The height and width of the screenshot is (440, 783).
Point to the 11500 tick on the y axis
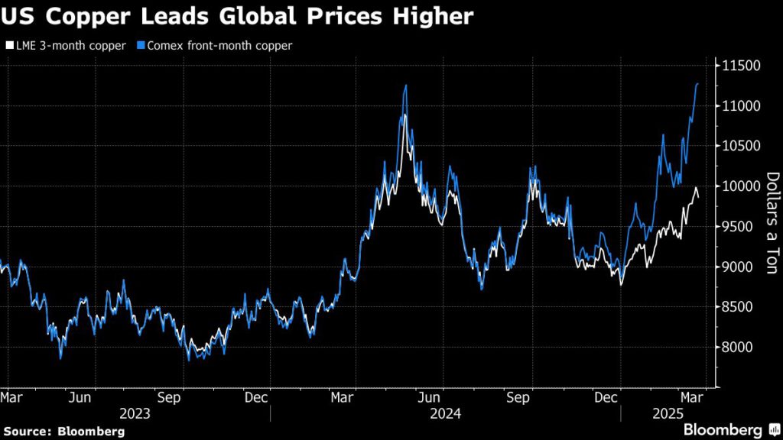(739, 66)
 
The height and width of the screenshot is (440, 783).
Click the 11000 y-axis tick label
(739, 105)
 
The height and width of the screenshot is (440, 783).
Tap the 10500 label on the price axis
(739, 146)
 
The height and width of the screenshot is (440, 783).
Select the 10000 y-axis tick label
(739, 186)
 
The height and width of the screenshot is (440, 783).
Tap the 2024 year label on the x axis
(444, 414)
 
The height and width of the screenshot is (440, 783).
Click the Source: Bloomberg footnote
(63, 431)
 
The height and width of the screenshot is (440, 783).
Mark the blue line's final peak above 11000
(697, 84)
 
